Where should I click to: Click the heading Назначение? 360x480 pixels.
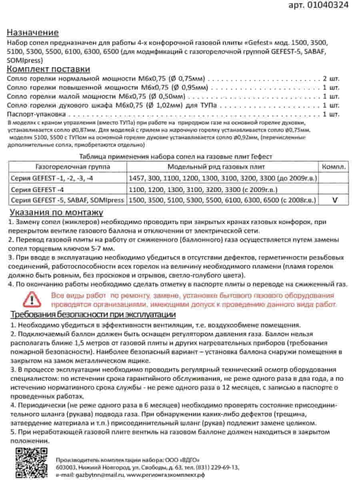pyautogui.click(x=33, y=32)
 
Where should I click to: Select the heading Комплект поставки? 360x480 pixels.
pyautogui.click(x=48, y=69)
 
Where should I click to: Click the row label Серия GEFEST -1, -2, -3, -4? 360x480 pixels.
pyautogui.click(x=53, y=178)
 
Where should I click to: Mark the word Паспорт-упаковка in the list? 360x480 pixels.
pyautogui.click(x=33, y=114)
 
